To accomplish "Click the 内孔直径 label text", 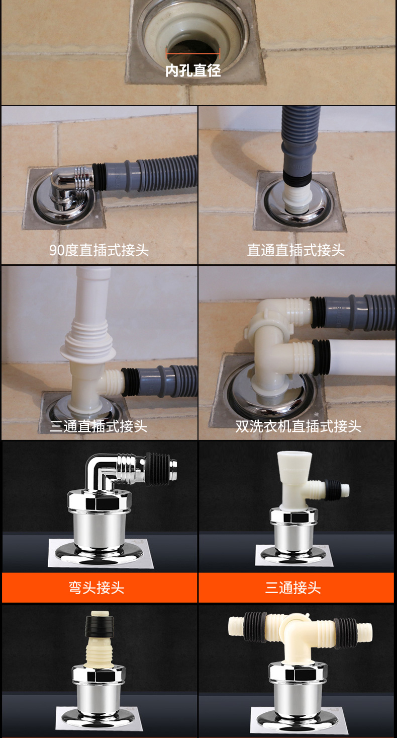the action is (193, 70).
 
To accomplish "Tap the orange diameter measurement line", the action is (193, 53).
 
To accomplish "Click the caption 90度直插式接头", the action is (99, 250).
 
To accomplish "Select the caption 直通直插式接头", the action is (295, 250).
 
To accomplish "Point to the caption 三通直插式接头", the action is (98, 426).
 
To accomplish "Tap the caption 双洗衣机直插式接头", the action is (299, 426).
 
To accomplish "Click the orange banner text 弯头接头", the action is (96, 587).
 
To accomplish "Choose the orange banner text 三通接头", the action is (293, 587).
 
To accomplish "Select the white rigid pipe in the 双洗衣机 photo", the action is (362, 357).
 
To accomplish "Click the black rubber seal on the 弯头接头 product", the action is (157, 468).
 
